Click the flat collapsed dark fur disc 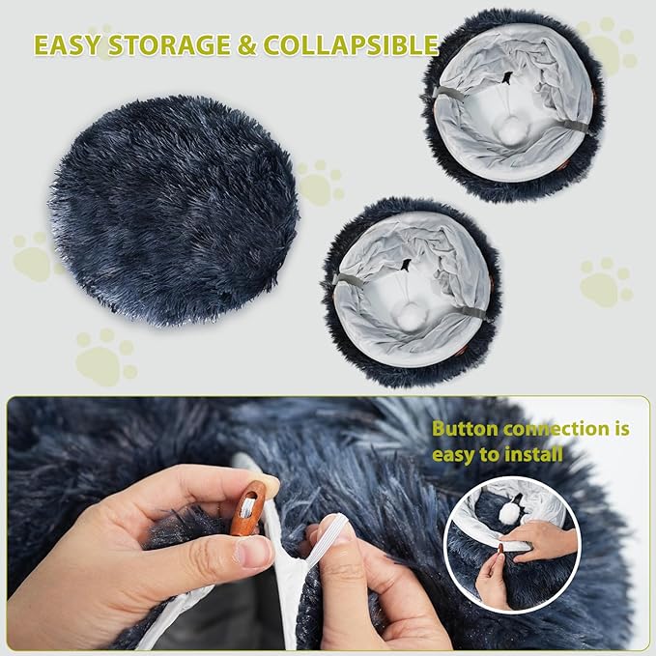click(174, 208)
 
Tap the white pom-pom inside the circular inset click(509, 514)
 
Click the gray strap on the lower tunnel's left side click(346, 280)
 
